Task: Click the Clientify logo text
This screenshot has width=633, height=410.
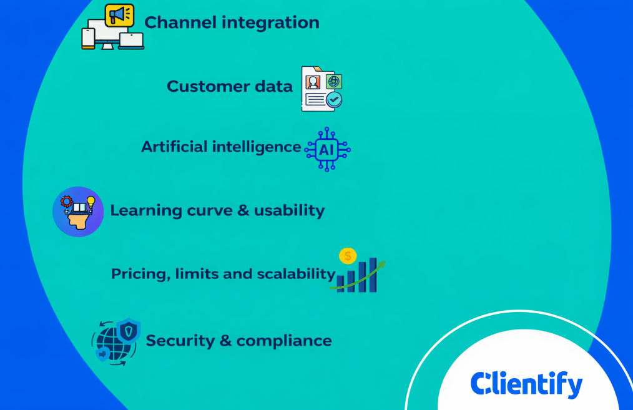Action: [526, 384]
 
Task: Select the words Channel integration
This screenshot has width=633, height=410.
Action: [232, 23]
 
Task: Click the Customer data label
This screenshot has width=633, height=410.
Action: [229, 87]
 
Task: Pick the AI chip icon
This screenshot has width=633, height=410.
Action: [326, 150]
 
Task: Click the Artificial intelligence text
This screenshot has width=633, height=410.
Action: [221, 147]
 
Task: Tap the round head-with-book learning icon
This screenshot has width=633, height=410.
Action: [78, 212]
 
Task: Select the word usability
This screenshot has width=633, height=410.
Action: [289, 210]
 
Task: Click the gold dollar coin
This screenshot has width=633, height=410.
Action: [348, 256]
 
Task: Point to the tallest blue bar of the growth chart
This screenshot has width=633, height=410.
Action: [373, 275]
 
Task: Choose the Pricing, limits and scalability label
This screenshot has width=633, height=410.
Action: [223, 274]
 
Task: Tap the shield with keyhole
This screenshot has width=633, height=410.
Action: [129, 330]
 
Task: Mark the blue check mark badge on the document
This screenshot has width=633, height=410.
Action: [335, 100]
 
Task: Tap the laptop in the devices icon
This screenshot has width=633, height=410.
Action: [131, 41]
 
